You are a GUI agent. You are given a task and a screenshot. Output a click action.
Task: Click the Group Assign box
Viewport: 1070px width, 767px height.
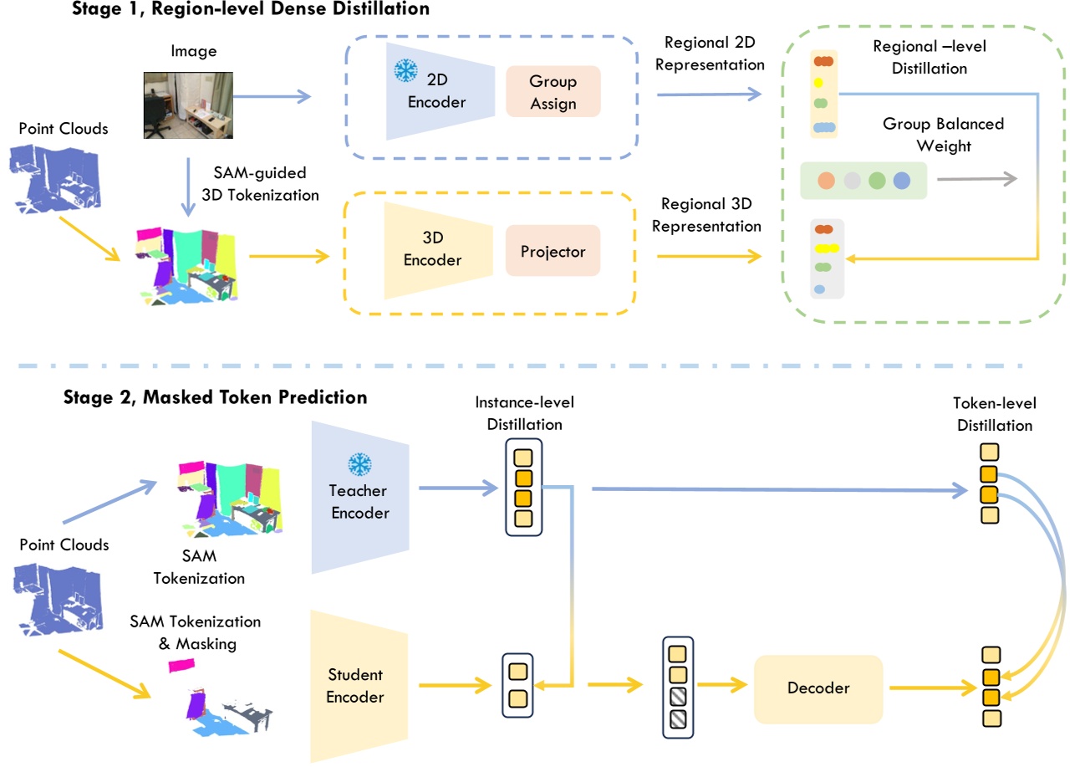pos(553,92)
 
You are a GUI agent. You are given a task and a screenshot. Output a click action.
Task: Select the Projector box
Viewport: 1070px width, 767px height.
pos(553,252)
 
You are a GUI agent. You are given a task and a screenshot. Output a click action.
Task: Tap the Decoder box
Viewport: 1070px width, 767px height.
pos(818,688)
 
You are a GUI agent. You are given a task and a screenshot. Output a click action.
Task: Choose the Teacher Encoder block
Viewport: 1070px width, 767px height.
pos(359,500)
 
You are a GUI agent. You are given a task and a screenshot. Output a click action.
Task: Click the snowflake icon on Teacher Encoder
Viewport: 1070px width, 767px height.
pos(359,464)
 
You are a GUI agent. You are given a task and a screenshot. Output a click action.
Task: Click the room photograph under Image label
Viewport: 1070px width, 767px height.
pos(188,104)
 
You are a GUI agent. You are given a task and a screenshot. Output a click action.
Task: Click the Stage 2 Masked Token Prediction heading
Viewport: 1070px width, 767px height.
pos(215,397)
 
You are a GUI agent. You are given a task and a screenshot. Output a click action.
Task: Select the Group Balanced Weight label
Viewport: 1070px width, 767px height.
pos(943,135)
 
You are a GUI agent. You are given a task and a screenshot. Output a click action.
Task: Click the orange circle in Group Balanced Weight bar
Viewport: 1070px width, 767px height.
pos(827,181)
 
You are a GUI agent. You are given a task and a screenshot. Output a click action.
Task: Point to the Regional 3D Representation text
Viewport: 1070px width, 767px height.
pos(711,215)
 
